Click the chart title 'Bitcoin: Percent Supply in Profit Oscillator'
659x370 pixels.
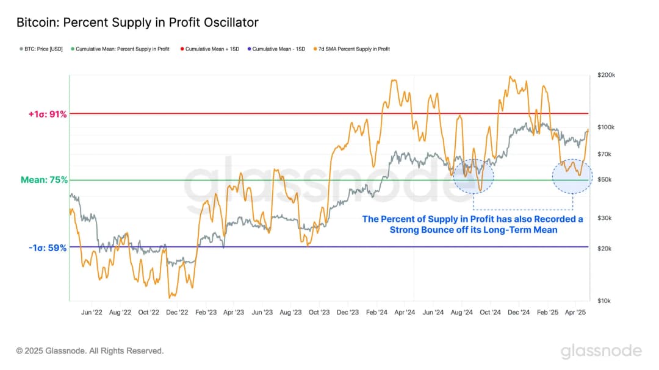click(137, 23)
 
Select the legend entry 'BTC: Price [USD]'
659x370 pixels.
click(40, 49)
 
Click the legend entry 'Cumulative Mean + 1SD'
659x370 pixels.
click(210, 49)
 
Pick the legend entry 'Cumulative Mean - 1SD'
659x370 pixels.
click(277, 49)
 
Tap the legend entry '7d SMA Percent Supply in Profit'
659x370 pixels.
click(353, 49)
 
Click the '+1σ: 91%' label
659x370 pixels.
click(46, 113)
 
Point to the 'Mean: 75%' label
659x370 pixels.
click(44, 180)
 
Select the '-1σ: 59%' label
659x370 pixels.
click(46, 248)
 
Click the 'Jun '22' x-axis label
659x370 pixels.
click(91, 311)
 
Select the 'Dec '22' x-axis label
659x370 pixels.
click(176, 311)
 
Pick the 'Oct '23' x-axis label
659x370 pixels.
click(319, 311)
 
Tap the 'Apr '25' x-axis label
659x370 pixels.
click(575, 311)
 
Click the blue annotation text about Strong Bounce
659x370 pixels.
click(472, 224)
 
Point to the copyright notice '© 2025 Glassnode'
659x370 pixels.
click(90, 350)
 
